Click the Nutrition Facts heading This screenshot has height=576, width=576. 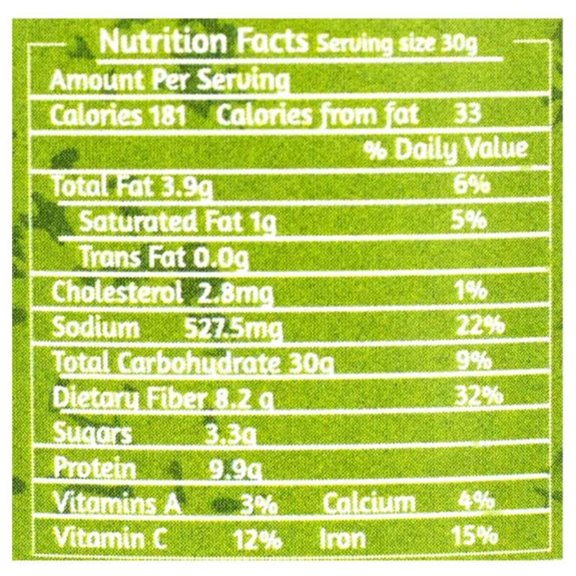204,42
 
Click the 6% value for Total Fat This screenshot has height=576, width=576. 472,186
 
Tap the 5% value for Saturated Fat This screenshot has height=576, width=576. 472,220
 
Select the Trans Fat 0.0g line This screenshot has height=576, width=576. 164,256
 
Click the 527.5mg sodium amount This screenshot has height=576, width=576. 233,328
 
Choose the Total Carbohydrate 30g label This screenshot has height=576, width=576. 193,363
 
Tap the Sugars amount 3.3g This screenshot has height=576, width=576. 230,433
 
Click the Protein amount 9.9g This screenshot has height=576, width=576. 235,469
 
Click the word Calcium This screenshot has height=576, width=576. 369,503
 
